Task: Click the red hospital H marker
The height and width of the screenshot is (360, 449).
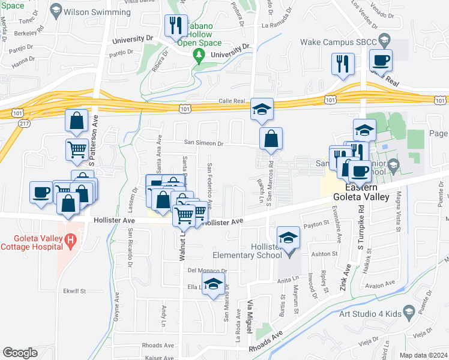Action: coord(71,242)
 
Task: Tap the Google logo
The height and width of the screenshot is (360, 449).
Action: coord(20,353)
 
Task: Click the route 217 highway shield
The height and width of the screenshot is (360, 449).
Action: coord(7,123)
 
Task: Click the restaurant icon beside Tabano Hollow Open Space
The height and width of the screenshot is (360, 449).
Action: coord(176,26)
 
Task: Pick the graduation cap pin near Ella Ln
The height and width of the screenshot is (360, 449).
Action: coord(212,286)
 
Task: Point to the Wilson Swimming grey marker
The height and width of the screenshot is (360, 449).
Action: coord(56,11)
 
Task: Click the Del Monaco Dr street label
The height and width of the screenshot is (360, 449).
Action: coord(208,271)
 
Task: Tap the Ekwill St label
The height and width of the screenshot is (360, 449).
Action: coord(75,291)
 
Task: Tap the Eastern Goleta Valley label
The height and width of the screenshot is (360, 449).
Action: coord(364,191)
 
